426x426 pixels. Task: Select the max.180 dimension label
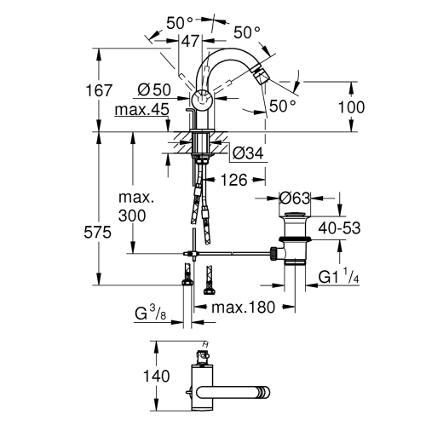click(244, 307)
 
